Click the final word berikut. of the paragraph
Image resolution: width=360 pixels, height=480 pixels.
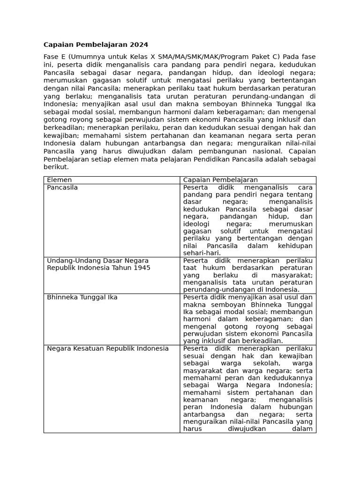(56, 167)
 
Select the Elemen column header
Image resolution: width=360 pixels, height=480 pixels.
(59, 180)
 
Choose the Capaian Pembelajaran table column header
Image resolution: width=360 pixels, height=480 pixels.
(220, 180)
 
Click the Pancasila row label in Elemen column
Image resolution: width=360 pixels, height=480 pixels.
(62, 187)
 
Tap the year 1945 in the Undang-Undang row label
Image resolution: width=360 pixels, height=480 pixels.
(141, 268)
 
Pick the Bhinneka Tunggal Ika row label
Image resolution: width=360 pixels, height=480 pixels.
(82, 297)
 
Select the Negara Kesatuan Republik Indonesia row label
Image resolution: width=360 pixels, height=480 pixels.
(108, 348)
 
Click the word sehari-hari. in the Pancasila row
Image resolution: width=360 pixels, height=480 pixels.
(202, 253)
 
